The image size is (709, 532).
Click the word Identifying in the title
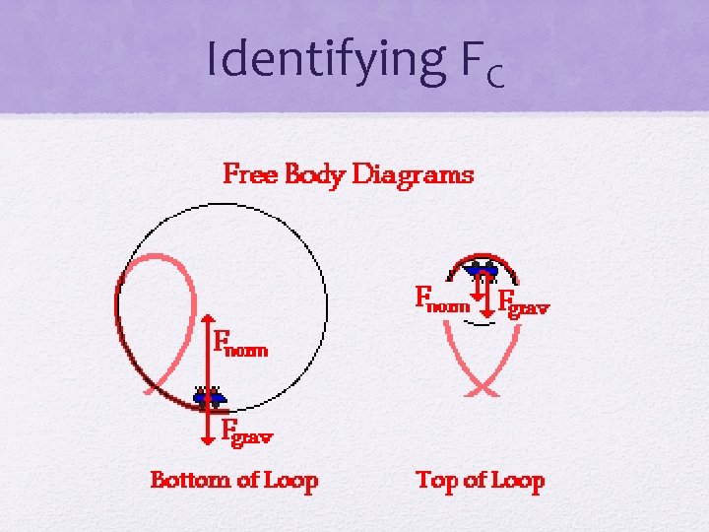(x=325, y=60)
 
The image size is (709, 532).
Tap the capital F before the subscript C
(x=471, y=60)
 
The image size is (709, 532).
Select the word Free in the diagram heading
(x=251, y=175)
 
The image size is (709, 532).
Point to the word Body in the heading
(x=315, y=176)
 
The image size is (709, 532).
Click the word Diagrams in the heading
(x=413, y=175)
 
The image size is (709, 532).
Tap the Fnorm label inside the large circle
(x=240, y=346)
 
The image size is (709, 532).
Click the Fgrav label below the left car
(x=246, y=431)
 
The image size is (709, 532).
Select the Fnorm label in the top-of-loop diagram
(x=442, y=299)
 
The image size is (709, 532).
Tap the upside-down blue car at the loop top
(x=481, y=268)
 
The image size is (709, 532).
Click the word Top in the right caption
(x=436, y=481)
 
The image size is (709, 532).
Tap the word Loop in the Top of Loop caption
(x=517, y=481)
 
